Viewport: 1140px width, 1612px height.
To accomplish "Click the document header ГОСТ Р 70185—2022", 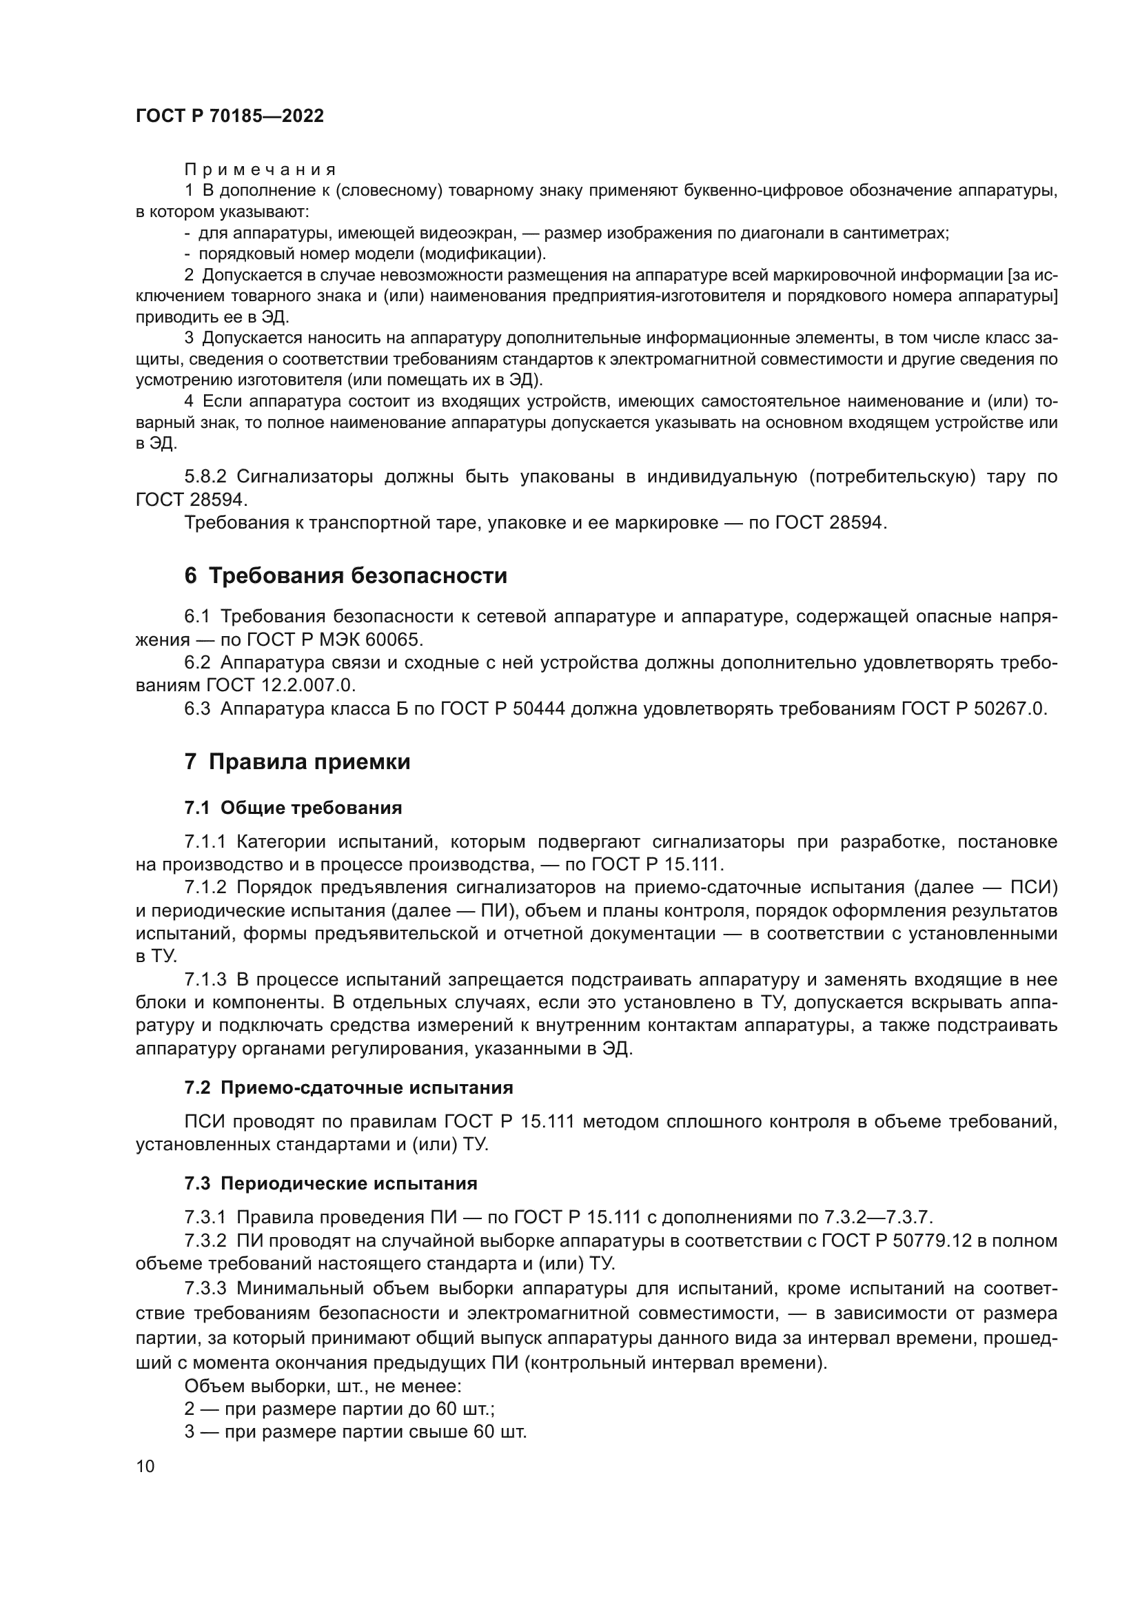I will [230, 116].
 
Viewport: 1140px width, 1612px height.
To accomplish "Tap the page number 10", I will [145, 1465].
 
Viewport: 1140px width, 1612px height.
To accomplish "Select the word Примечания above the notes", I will [260, 170].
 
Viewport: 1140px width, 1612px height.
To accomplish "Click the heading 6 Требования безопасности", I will [345, 575].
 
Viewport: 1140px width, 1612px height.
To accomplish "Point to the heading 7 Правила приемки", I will [297, 762].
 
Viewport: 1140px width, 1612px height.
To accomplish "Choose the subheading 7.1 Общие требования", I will [293, 808].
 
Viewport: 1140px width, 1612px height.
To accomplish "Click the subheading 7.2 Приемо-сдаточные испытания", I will [348, 1088].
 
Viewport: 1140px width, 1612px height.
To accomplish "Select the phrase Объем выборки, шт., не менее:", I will [322, 1386].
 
